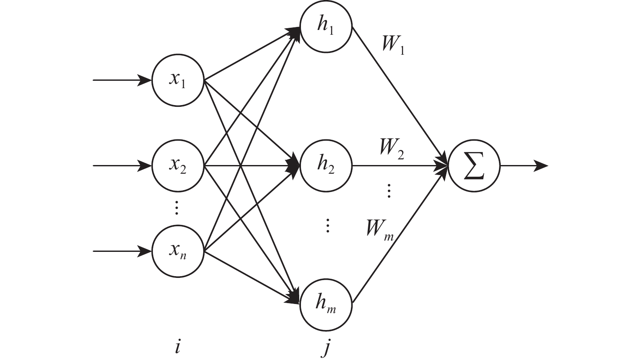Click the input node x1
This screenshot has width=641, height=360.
pos(178,81)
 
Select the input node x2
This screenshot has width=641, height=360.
pos(178,165)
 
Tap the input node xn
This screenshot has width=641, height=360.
pos(178,251)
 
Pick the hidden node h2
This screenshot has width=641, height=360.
pos(326,165)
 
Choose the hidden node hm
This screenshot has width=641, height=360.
pos(326,303)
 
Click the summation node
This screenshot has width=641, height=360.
pos(474,165)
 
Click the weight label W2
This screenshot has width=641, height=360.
pos(391,149)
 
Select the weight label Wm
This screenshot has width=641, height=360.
pos(379,229)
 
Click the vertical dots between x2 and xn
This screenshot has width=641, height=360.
pos(176,208)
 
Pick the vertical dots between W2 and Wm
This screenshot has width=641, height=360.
pos(389,191)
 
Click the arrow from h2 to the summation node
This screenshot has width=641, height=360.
pos(400,165)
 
